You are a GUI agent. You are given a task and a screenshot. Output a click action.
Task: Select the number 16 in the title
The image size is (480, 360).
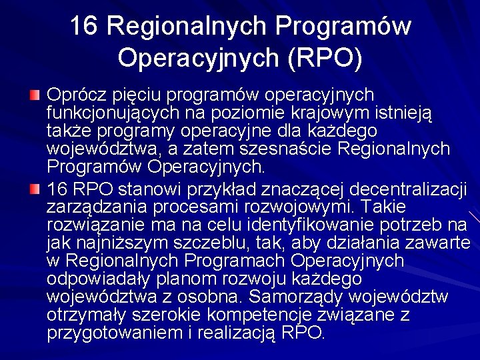85,26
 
